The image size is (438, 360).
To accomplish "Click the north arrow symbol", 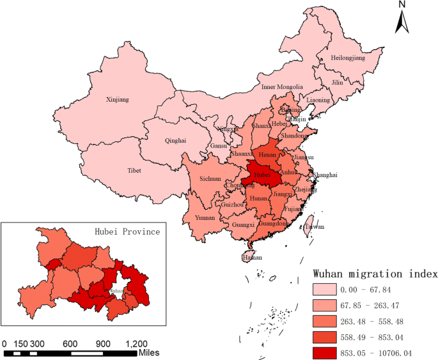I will [402, 19].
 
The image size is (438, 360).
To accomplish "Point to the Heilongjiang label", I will [348, 58].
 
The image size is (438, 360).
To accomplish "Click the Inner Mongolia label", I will [282, 87].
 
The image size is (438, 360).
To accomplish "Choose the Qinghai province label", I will [176, 141].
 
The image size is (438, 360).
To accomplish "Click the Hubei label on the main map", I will [262, 175].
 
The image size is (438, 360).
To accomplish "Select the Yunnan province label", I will [205, 217].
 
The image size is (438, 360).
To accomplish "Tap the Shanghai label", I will [325, 175].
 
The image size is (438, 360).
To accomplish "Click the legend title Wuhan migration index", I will [375, 274].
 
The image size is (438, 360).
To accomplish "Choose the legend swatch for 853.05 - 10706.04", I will [329, 352].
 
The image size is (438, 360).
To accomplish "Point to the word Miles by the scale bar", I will [149, 353].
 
